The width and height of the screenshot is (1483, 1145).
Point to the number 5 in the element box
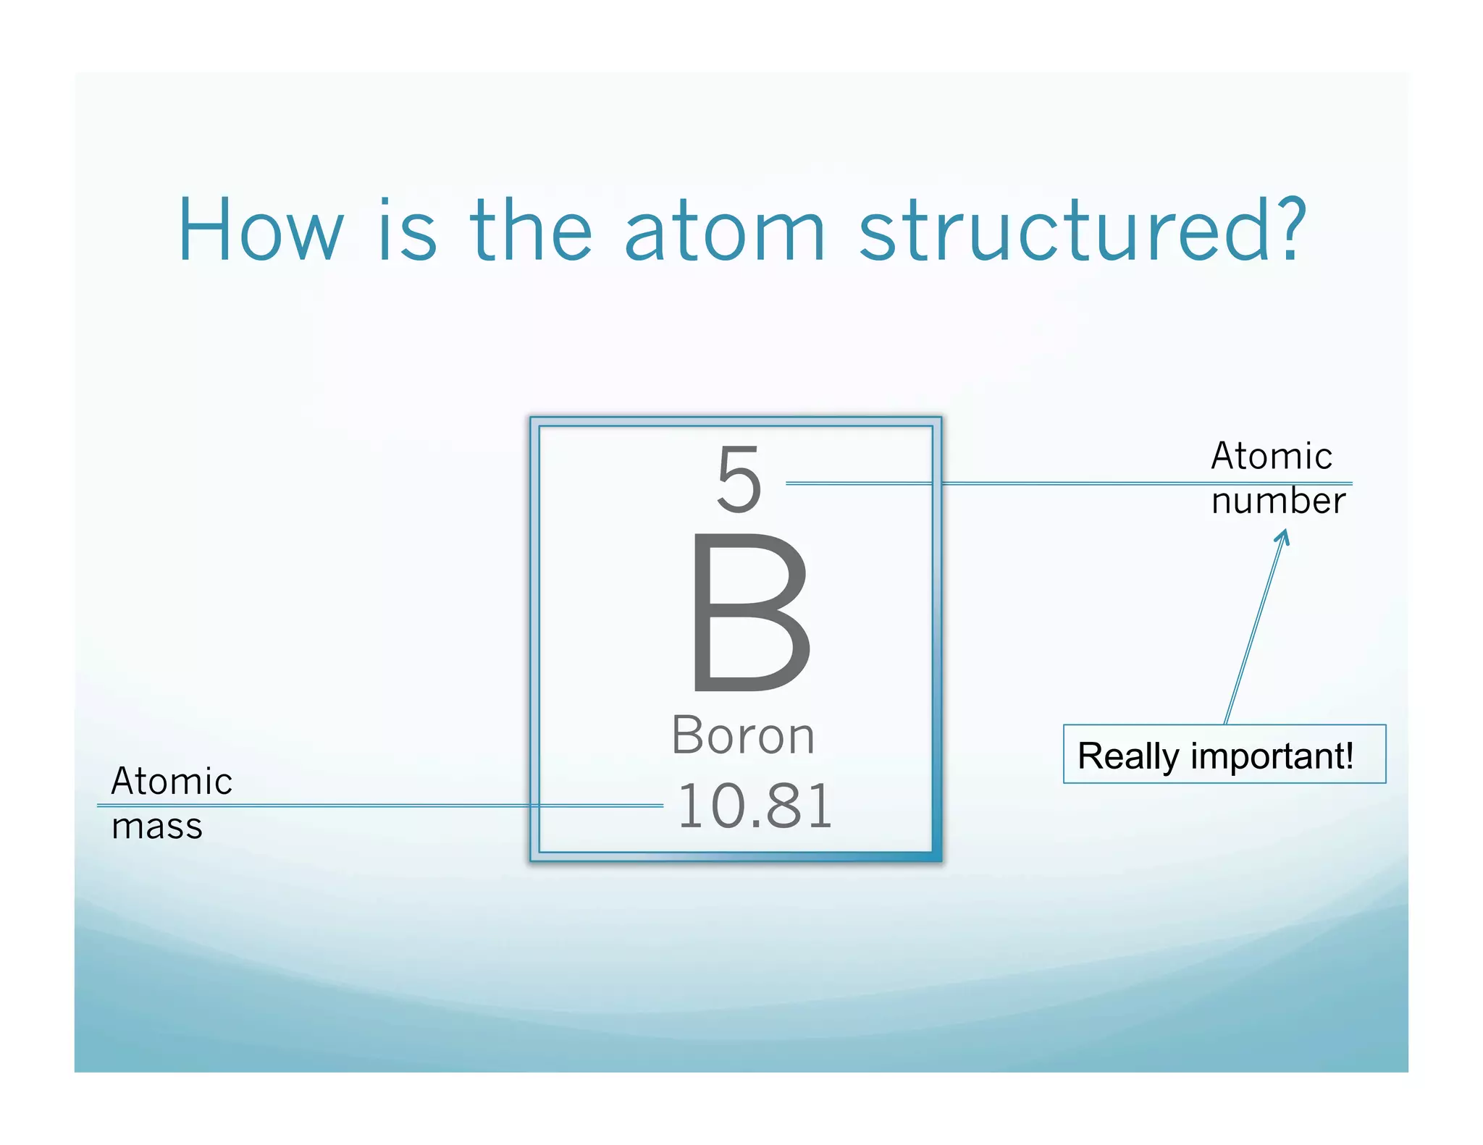(739, 479)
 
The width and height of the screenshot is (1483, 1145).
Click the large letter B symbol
(749, 612)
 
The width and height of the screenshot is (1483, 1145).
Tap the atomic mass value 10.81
(755, 806)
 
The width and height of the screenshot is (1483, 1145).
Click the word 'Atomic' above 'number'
(1272, 457)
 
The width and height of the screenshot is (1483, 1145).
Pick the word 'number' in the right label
(1278, 501)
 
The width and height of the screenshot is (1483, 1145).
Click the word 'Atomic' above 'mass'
(172, 782)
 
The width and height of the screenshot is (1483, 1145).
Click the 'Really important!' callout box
(1224, 754)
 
